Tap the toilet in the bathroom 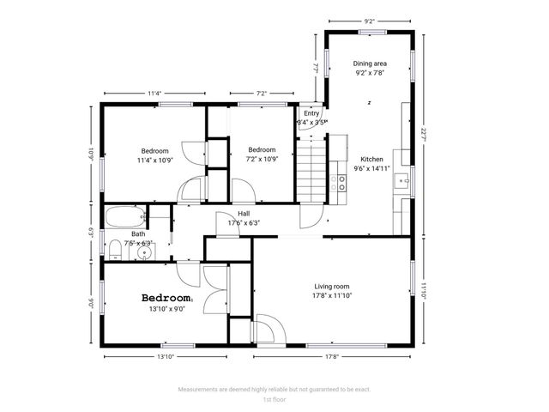(114, 250)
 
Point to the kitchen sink (400, 182)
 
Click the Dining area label (370, 64)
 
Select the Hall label (244, 214)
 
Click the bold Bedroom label (166, 297)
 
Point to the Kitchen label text (371, 160)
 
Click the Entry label (311, 113)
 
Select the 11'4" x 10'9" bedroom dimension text (154, 160)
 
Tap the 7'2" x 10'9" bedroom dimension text (262, 159)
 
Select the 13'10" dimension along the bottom (166, 356)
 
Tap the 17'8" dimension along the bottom (331, 356)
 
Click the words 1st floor (274, 400)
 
